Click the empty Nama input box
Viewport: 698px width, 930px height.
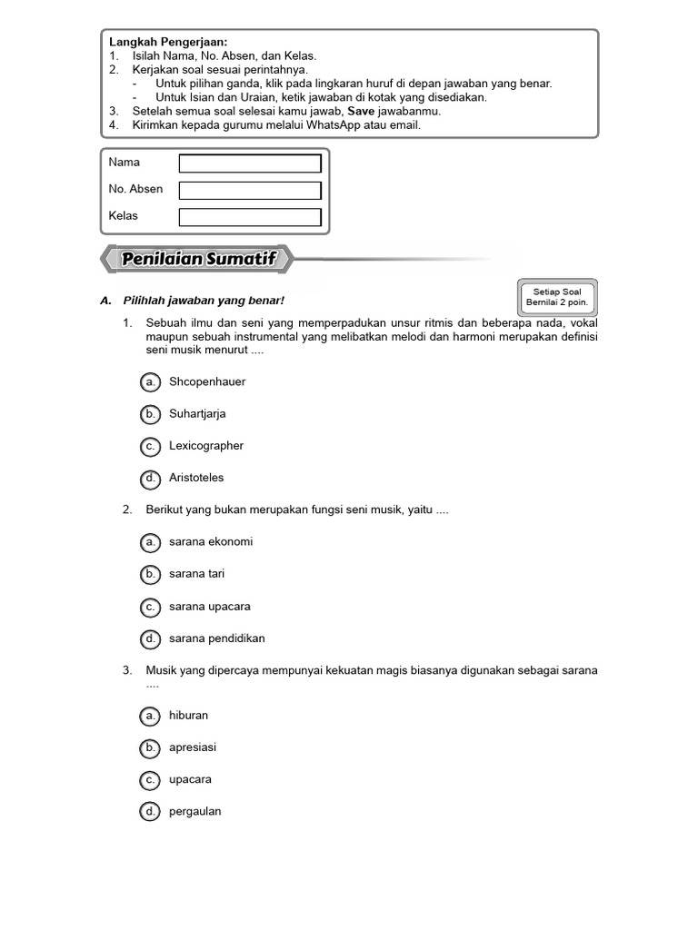[x=250, y=163]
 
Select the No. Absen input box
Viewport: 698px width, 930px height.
[x=250, y=191]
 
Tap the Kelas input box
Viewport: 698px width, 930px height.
[x=250, y=217]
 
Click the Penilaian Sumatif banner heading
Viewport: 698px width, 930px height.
[x=198, y=261]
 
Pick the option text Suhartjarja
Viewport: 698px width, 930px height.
[x=197, y=414]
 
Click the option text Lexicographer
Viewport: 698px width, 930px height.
[x=206, y=446]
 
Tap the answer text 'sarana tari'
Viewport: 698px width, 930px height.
[x=196, y=574]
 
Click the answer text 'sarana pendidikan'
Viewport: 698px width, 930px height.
[x=217, y=638]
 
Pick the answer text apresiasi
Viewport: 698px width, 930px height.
[x=193, y=747]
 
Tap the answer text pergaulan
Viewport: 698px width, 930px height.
[x=195, y=812]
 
